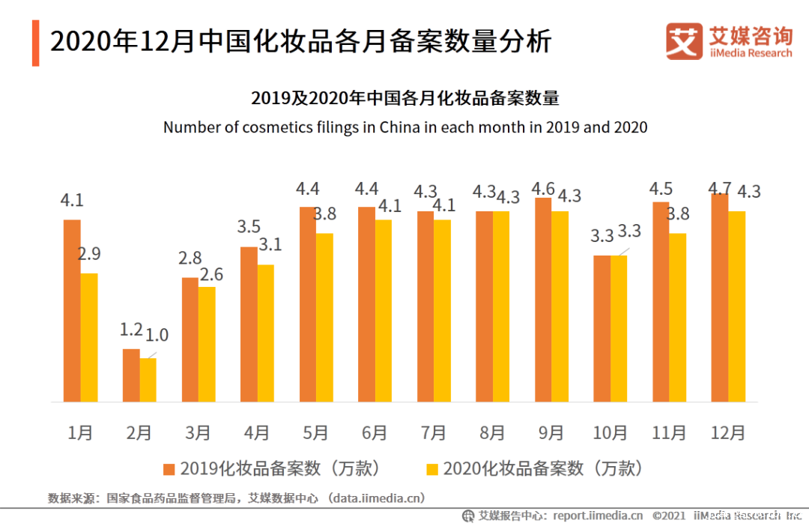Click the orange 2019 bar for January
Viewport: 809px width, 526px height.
[x=72, y=311]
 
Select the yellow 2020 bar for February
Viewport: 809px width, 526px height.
[x=148, y=380]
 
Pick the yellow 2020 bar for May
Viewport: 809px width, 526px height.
[x=324, y=318]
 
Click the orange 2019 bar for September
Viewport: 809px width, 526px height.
[x=543, y=300]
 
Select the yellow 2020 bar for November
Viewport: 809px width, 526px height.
[x=678, y=318]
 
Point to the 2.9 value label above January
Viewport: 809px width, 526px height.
[x=88, y=254]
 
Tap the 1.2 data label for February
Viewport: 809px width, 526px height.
[x=130, y=330]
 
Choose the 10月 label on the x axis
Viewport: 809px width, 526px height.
[x=610, y=432]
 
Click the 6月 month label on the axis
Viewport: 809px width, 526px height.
[x=374, y=432]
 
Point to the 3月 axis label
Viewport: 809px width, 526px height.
[x=198, y=432]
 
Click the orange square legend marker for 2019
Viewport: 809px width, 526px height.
[x=169, y=470]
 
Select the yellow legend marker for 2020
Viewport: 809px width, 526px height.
[x=431, y=470]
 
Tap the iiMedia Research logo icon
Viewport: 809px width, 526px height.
[x=684, y=41]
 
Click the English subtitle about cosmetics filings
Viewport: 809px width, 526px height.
[x=405, y=127]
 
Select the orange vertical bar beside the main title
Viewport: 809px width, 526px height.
[x=35, y=43]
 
